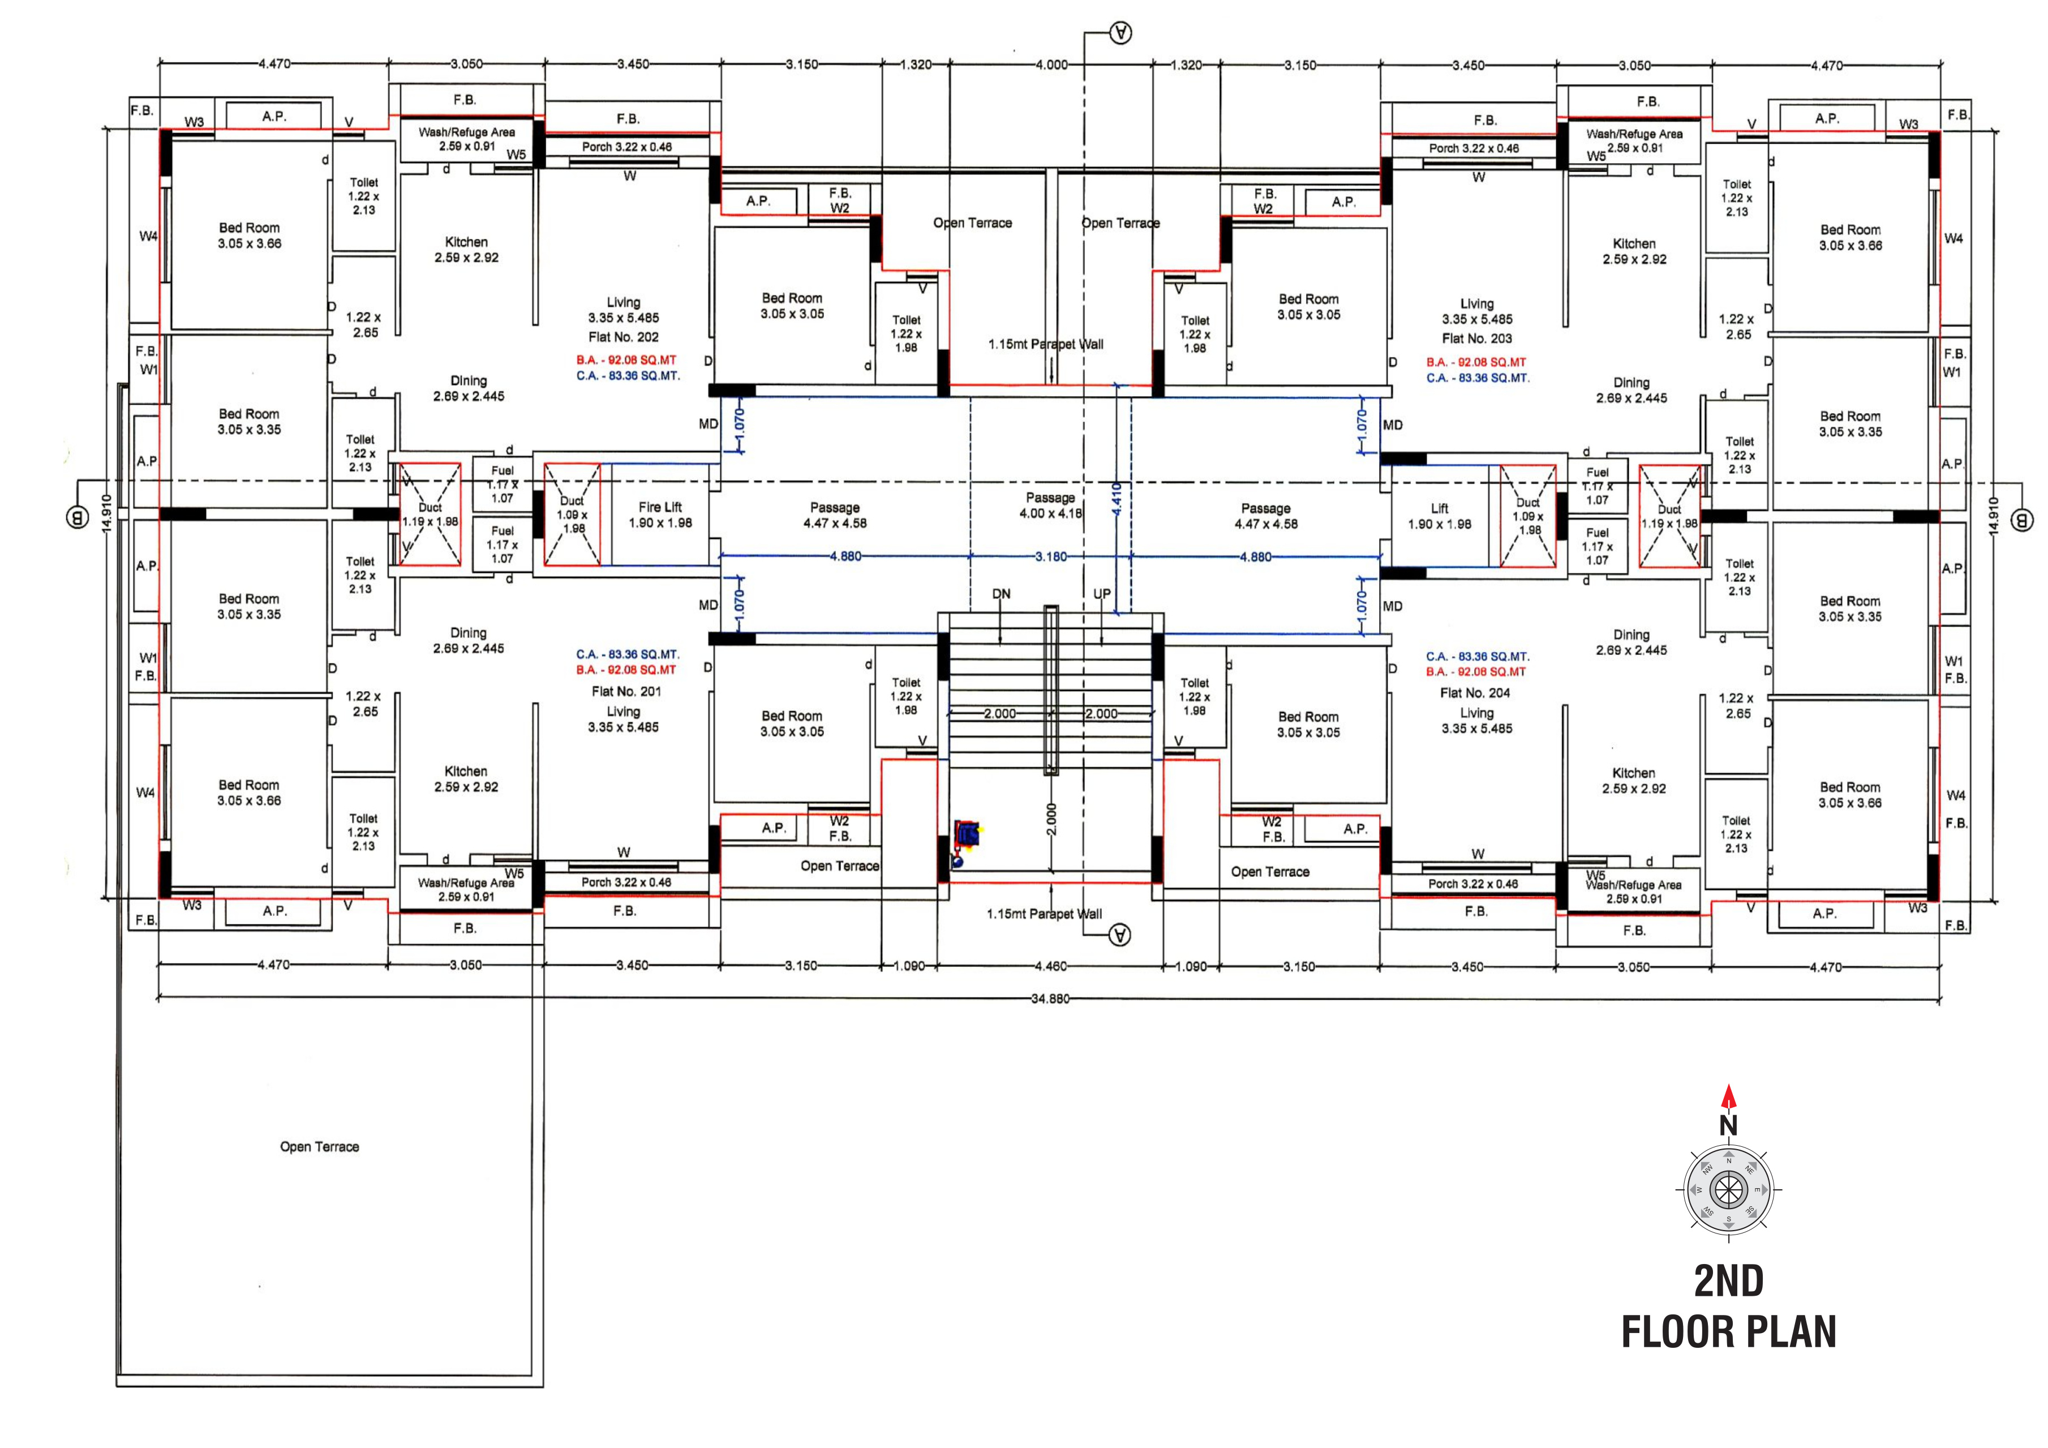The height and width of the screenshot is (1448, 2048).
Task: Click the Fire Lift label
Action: [660, 507]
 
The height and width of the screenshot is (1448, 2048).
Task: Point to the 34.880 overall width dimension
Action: [1050, 999]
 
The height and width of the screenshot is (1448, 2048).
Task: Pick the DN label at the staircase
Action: [1001, 594]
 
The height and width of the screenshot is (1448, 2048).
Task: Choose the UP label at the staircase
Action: [1102, 594]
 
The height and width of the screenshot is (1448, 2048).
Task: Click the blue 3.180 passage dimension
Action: [1051, 556]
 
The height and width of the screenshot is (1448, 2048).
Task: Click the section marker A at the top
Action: [1120, 34]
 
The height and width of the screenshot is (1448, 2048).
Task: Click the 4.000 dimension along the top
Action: [1051, 64]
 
